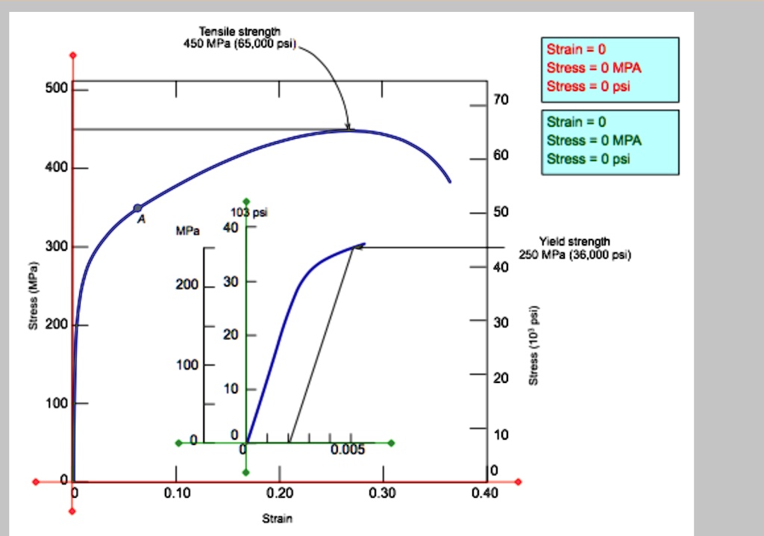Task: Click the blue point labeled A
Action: coord(137,208)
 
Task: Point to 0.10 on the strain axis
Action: coord(177,493)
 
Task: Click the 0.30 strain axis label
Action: coord(383,493)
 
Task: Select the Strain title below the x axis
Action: coord(277,518)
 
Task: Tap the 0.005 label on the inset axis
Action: coord(348,450)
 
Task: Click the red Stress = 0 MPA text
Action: coord(594,68)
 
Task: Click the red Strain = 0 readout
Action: coord(577,50)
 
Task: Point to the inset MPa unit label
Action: coord(187,231)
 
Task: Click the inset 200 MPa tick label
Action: coord(187,286)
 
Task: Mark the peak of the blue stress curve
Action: coord(348,130)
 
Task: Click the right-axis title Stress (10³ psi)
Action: coord(533,346)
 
